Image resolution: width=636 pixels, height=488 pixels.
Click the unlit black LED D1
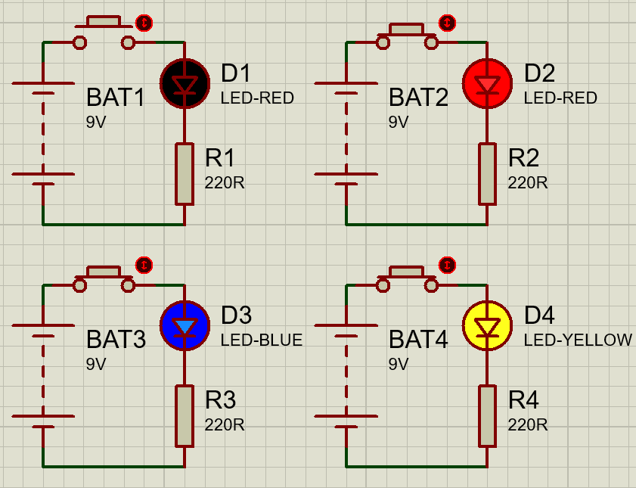coord(185,84)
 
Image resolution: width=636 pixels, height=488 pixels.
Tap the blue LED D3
coord(185,326)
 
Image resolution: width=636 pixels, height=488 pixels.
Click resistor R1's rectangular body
coord(185,173)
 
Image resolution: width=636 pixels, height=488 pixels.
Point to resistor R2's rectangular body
coord(487,173)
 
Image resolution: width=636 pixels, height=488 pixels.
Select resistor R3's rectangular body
coord(185,415)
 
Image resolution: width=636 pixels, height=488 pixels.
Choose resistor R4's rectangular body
coord(487,415)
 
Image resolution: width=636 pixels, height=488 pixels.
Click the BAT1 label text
coord(115,98)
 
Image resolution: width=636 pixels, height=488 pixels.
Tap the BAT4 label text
coord(418,340)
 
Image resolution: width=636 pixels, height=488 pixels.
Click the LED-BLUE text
coord(261,340)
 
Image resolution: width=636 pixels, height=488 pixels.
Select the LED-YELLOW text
coord(578,340)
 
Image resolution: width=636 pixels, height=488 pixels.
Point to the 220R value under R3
coord(225,425)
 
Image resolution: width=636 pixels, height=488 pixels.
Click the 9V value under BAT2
coord(399,122)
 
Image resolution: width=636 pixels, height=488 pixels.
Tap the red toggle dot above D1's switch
coord(144,23)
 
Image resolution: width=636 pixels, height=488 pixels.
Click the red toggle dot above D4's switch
coord(448,265)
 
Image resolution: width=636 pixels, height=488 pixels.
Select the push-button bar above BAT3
coord(104,271)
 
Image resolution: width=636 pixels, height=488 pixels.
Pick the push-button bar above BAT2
coord(406,29)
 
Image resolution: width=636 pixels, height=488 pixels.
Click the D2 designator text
coord(539,73)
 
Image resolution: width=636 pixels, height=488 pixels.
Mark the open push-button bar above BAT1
coord(104,20)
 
